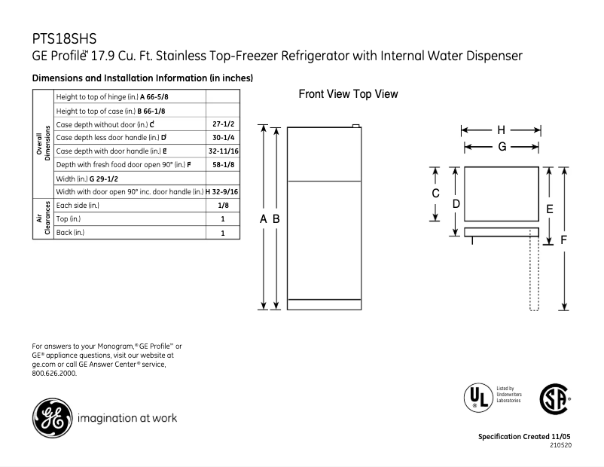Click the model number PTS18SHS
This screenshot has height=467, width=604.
point(63,38)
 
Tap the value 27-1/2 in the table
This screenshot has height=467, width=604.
point(222,123)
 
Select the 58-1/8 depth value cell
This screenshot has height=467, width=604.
point(222,164)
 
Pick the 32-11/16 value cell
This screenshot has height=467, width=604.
point(222,151)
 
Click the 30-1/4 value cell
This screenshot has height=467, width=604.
point(222,137)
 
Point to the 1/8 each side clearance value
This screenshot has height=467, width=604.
point(222,205)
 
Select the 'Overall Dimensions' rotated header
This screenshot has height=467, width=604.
point(43,143)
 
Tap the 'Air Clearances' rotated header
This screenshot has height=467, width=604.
point(43,218)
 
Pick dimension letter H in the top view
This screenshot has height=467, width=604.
point(502,129)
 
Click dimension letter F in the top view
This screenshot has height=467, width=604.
point(564,240)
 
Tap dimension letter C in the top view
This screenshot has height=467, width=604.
point(435,194)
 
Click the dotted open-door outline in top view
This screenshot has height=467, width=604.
point(535,271)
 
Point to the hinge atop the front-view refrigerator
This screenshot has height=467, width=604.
point(356,127)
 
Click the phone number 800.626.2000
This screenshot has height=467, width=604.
point(54,373)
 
